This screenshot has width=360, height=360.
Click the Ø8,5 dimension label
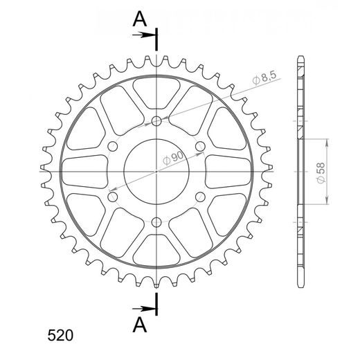click(x=264, y=78)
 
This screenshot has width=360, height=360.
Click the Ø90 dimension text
click(x=173, y=158)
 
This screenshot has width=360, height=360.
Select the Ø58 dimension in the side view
click(x=321, y=173)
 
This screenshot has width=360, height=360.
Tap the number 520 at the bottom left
click(x=60, y=335)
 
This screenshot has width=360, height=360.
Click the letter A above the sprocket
click(x=140, y=19)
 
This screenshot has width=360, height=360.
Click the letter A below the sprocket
click(x=140, y=325)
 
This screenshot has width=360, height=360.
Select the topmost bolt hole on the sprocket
click(x=156, y=120)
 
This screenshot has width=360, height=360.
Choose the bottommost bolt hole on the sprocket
click(x=156, y=222)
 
